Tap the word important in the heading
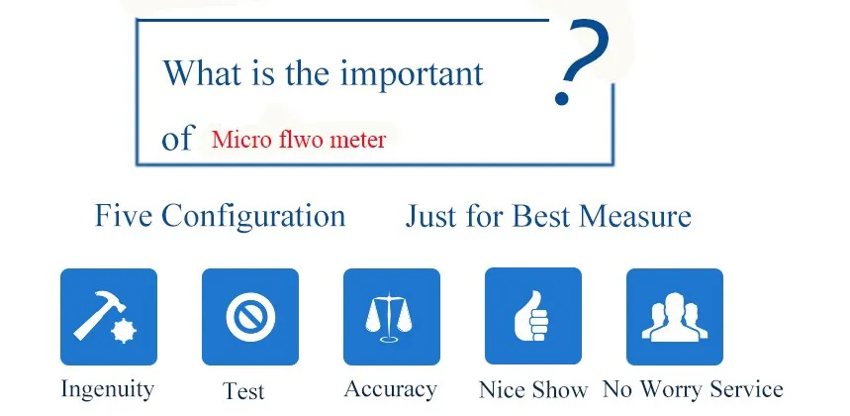412,73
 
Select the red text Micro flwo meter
299,140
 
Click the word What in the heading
203,72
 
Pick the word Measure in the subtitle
635,216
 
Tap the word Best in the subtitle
541,216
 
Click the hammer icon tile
109,317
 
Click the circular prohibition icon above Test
250,317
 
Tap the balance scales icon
389,318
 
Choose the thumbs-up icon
531,316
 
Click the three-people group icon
675,317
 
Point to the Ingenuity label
107,390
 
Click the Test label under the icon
243,390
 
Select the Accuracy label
390,390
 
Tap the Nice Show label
533,390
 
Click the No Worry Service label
693,389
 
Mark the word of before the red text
177,139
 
